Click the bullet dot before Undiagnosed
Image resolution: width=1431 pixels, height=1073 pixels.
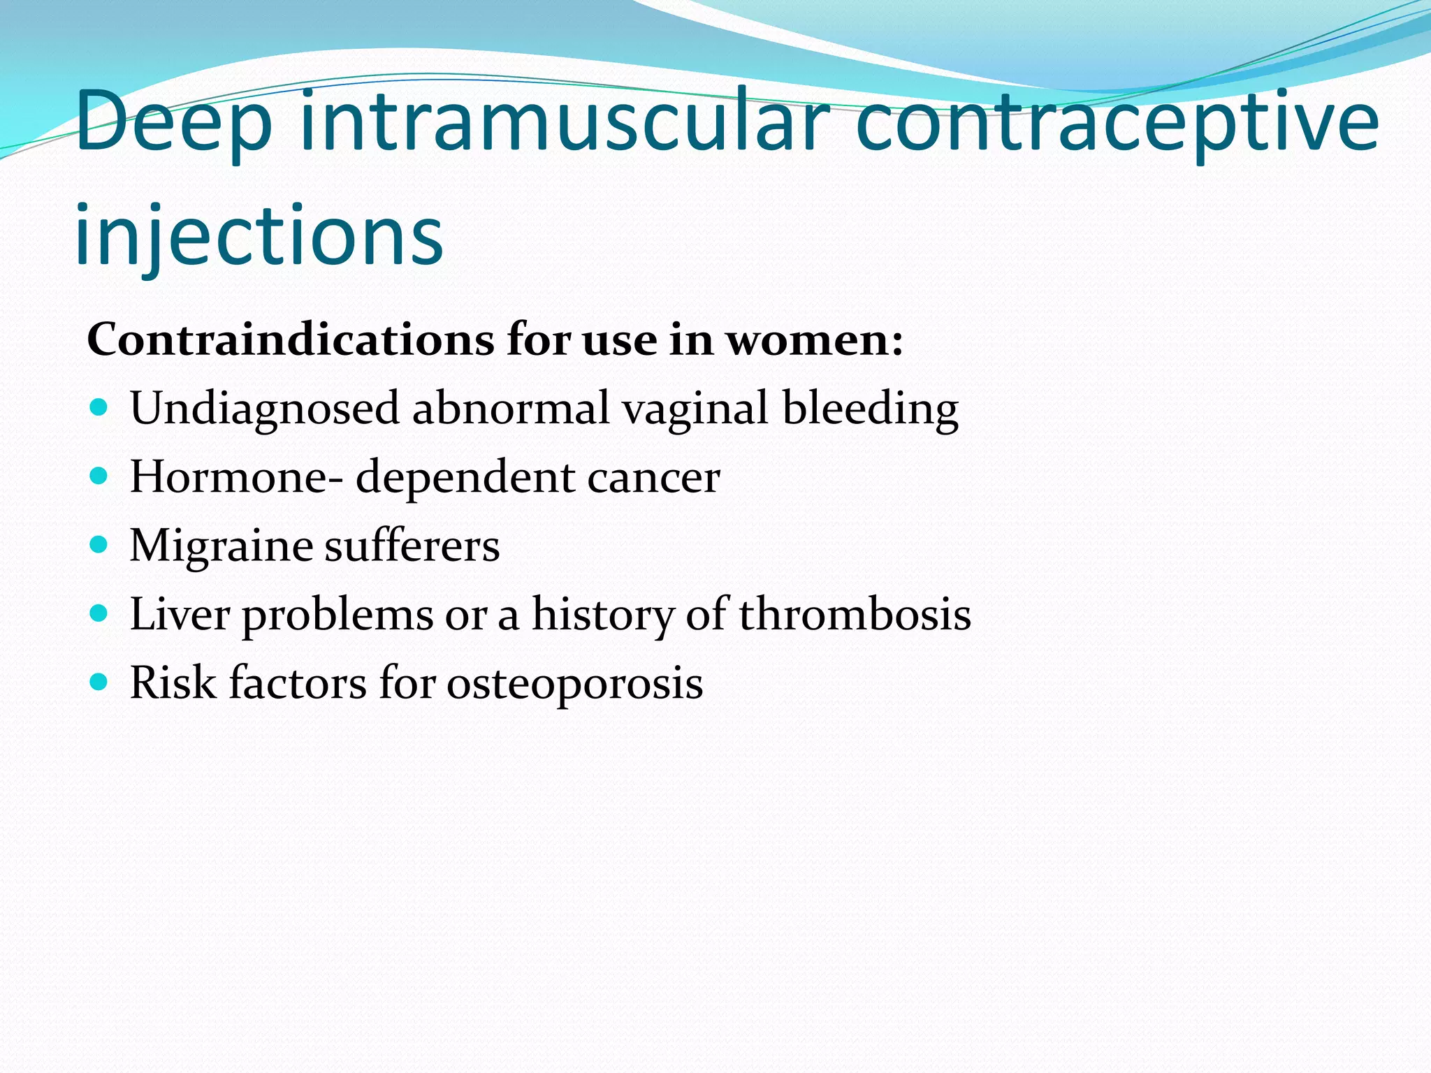(x=100, y=407)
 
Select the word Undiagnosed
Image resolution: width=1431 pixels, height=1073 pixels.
(x=264, y=409)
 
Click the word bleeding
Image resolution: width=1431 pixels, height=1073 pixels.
(x=870, y=409)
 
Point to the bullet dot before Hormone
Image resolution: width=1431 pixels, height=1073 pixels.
(x=100, y=476)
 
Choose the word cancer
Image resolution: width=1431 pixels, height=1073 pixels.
(x=653, y=478)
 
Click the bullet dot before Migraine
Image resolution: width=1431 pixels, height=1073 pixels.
(x=100, y=544)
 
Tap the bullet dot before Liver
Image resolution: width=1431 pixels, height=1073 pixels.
(x=100, y=613)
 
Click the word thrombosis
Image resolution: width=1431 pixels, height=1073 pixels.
(x=855, y=614)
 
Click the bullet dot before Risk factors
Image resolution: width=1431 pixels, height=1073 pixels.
(x=100, y=681)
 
